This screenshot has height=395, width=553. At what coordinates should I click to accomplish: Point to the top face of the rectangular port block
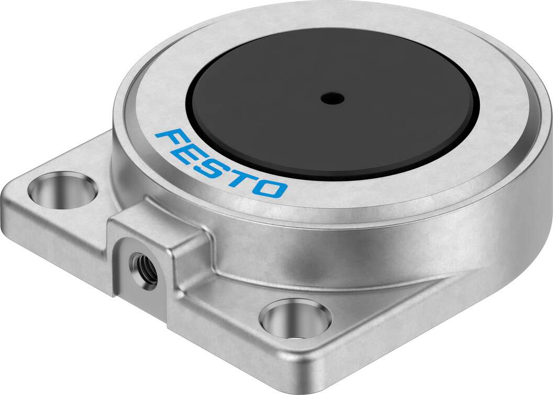coord(157,228)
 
